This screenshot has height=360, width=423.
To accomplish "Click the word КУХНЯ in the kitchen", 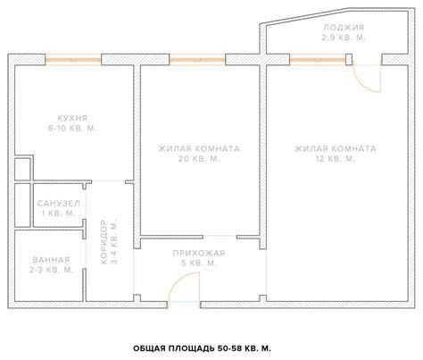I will click(70, 117).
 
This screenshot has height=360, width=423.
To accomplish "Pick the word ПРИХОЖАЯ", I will click(199, 253).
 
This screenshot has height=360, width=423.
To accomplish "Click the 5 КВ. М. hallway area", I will click(199, 264).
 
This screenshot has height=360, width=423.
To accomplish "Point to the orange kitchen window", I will click(73, 61).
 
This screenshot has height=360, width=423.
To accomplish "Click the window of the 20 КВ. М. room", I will click(197, 61).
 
